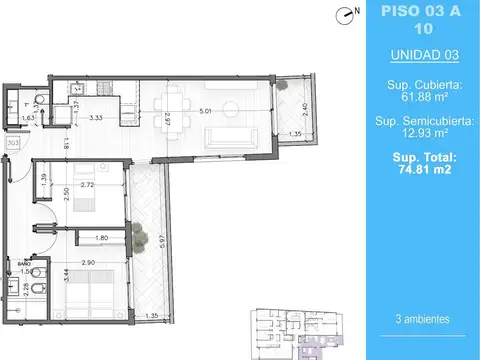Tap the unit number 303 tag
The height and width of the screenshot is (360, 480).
click(13, 143)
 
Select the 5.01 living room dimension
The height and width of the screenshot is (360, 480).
click(204, 111)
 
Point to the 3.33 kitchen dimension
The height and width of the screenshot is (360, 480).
click(97, 118)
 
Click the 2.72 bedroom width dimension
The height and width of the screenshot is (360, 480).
click(87, 186)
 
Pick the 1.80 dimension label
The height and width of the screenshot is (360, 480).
click(102, 238)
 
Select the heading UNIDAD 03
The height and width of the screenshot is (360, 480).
click(421, 55)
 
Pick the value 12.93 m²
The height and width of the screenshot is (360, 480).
click(421, 134)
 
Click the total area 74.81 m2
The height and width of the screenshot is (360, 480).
click(421, 170)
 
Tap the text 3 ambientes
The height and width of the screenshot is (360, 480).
click(421, 319)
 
